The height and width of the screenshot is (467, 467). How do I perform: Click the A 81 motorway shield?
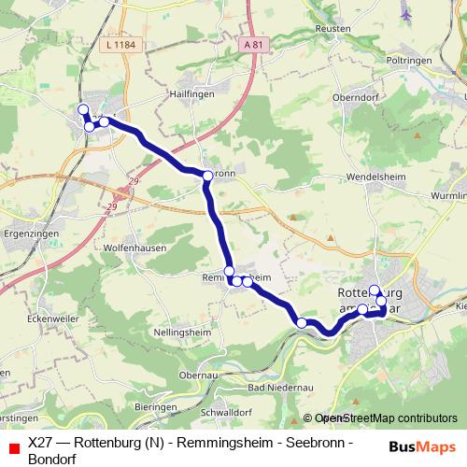pyautogui.click(x=250, y=44)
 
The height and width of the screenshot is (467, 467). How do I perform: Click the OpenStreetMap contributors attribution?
pyautogui.click(x=386, y=418)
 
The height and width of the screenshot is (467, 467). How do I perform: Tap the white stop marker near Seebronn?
pyautogui.click(x=208, y=175)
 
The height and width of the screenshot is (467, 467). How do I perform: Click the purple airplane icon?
pyautogui.click(x=405, y=14)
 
